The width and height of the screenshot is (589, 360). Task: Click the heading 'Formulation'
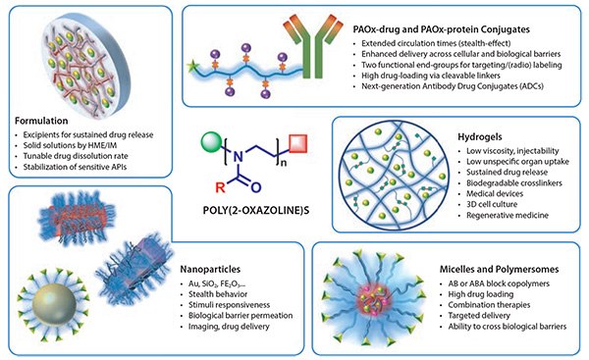(39, 122)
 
